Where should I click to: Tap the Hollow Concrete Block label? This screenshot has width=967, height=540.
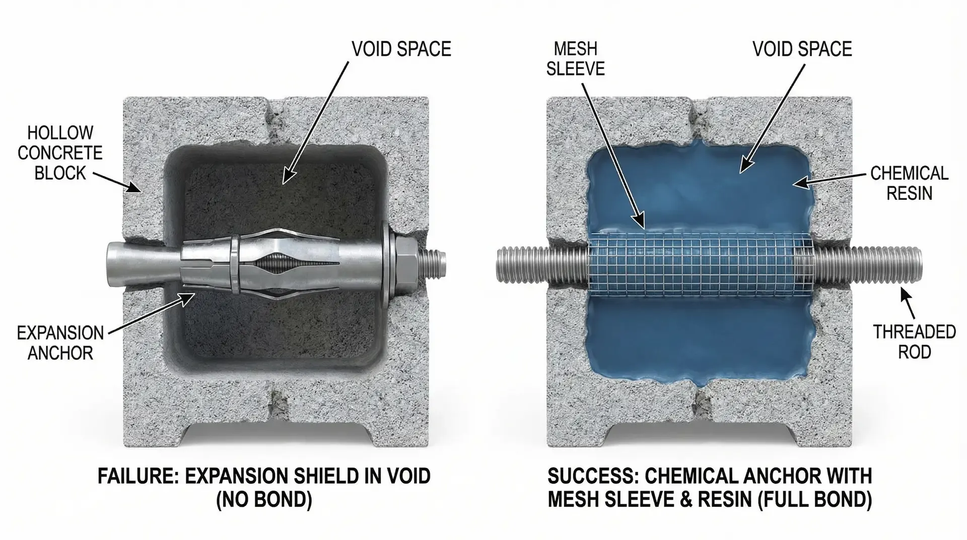pos(60,153)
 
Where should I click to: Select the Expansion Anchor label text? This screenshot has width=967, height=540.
pos(60,343)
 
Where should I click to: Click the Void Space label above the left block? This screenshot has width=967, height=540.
pos(401,49)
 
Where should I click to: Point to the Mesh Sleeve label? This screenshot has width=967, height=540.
pos(575,58)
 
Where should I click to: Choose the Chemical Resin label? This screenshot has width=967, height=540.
pos(909,183)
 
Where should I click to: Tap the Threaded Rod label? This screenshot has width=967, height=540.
pos(914,342)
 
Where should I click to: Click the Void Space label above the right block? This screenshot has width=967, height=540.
pos(802,49)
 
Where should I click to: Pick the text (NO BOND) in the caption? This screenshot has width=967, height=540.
pos(264,500)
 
